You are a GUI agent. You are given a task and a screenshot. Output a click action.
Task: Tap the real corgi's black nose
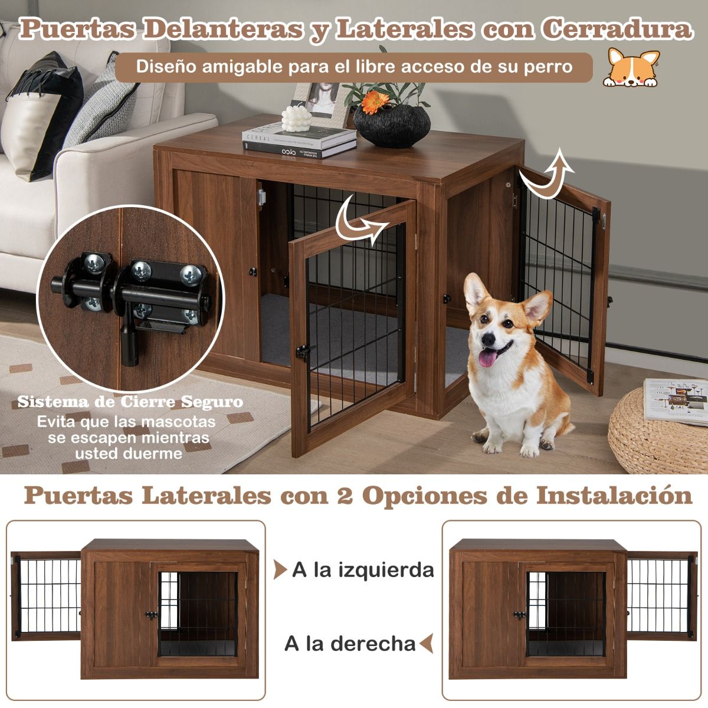(x=489, y=339)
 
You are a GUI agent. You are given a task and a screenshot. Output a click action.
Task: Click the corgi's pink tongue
(x=487, y=358)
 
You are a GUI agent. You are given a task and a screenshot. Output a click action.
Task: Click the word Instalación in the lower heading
(x=614, y=496)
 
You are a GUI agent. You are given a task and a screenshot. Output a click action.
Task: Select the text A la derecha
(x=350, y=643)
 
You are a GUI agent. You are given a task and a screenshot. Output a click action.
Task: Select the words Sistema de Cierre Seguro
(x=130, y=402)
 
